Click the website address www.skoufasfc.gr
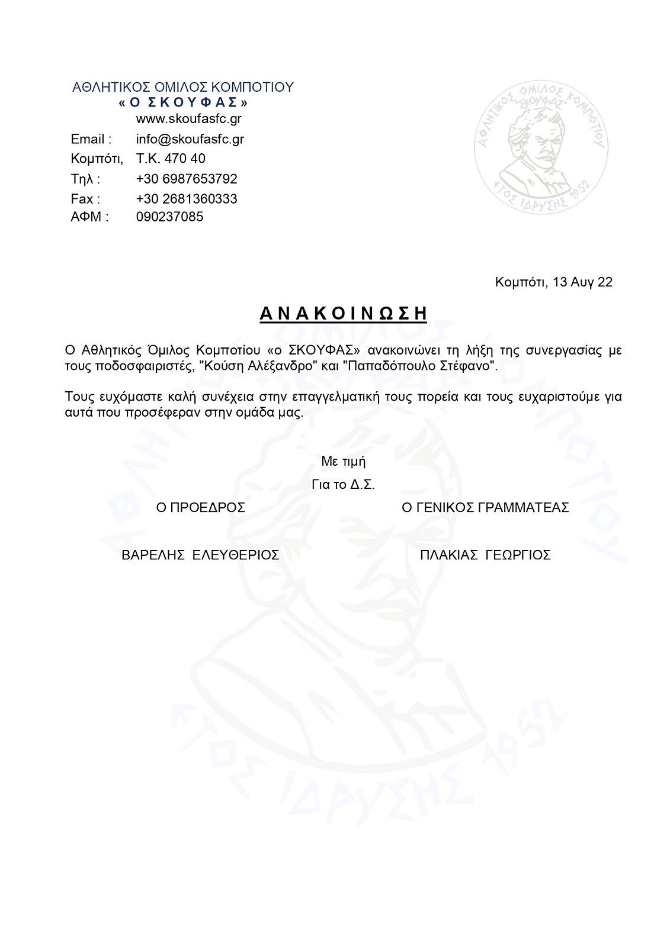pyautogui.click(x=188, y=119)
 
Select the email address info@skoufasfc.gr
pyautogui.click(x=190, y=139)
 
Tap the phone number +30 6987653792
pyautogui.click(x=187, y=179)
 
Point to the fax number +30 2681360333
pyautogui.click(x=187, y=199)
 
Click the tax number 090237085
pyautogui.click(x=169, y=217)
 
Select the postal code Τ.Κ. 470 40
pyautogui.click(x=171, y=159)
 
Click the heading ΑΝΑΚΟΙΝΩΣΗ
pyautogui.click(x=343, y=313)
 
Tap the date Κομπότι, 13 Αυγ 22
pyautogui.click(x=553, y=282)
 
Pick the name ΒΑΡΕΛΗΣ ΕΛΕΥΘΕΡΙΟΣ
pyautogui.click(x=200, y=555)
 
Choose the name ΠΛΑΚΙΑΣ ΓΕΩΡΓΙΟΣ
pyautogui.click(x=485, y=555)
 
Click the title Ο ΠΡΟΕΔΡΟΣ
pyautogui.click(x=200, y=508)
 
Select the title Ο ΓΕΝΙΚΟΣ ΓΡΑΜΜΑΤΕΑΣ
pyautogui.click(x=485, y=508)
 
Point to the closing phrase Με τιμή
pyautogui.click(x=343, y=462)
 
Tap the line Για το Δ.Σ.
pyautogui.click(x=343, y=485)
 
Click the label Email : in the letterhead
pyautogui.click(x=91, y=140)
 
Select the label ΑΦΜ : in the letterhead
pyautogui.click(x=89, y=217)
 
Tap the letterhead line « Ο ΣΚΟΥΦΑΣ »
pyautogui.click(x=183, y=102)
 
